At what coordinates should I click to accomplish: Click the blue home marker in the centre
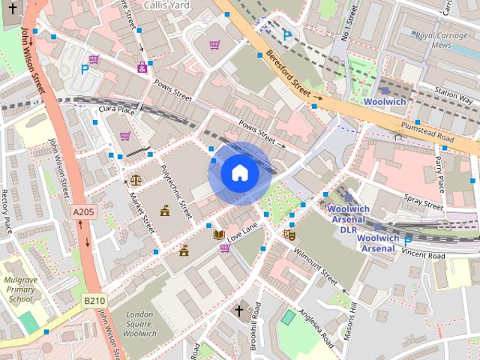(239, 172)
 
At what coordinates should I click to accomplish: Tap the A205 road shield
(83, 213)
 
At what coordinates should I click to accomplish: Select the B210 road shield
(94, 301)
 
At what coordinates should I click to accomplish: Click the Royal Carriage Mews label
(446, 40)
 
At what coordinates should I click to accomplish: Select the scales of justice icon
(135, 180)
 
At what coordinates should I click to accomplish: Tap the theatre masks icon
(289, 235)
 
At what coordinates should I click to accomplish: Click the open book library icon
(219, 235)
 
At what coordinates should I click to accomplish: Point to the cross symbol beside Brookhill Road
(239, 310)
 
